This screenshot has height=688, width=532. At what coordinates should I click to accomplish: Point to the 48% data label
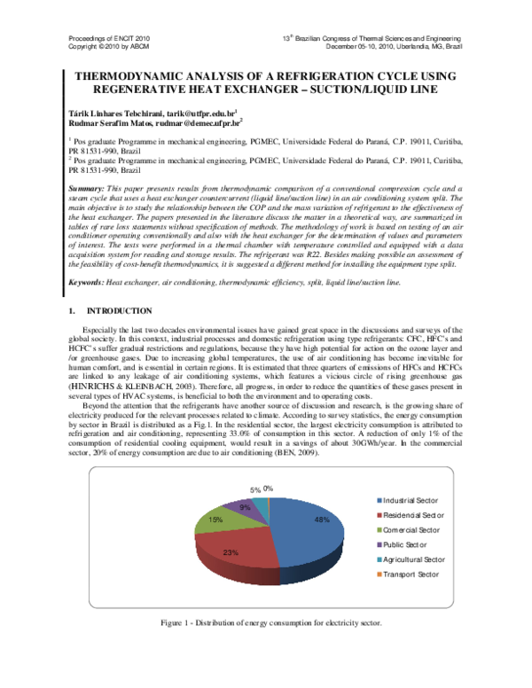321,520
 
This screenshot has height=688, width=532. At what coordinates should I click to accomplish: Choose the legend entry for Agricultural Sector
413,559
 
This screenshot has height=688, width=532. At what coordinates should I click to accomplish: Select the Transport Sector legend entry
410,575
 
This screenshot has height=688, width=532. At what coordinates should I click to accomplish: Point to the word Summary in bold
86,191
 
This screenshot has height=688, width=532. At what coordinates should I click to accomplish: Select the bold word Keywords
86,257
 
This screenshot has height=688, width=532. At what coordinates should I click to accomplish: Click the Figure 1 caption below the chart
270,622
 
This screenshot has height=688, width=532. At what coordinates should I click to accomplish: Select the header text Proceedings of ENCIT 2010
110,40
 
